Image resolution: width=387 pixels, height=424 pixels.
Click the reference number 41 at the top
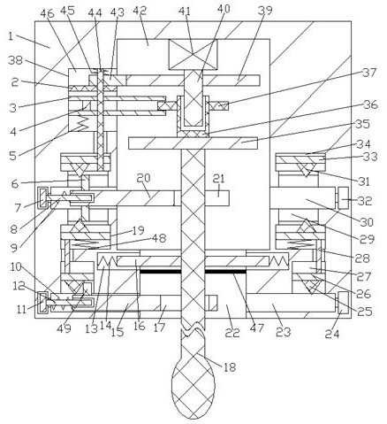click(185, 12)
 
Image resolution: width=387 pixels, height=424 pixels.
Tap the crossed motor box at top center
click(193, 54)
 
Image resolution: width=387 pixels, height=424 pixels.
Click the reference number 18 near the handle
click(230, 367)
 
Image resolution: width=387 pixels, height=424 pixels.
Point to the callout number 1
click(11, 36)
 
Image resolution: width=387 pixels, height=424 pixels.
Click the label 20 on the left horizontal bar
click(144, 178)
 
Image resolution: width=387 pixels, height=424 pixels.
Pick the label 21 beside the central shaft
click(218, 179)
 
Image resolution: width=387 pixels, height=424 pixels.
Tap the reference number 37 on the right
click(369, 73)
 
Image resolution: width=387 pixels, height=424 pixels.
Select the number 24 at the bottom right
click(332, 334)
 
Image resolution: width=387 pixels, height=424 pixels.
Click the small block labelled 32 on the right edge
click(344, 197)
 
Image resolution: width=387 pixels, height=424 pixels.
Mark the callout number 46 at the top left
click(47, 12)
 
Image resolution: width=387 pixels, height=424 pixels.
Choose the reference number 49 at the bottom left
click(64, 328)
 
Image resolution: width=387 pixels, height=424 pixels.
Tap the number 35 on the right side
click(362, 124)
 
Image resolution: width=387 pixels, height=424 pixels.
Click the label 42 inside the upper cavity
click(140, 11)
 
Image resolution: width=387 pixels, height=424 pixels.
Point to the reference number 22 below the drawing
click(232, 333)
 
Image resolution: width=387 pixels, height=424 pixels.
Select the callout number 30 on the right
click(367, 222)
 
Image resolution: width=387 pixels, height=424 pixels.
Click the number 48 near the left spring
click(159, 238)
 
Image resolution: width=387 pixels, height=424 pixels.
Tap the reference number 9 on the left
click(14, 248)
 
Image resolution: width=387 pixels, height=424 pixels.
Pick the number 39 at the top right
click(265, 11)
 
